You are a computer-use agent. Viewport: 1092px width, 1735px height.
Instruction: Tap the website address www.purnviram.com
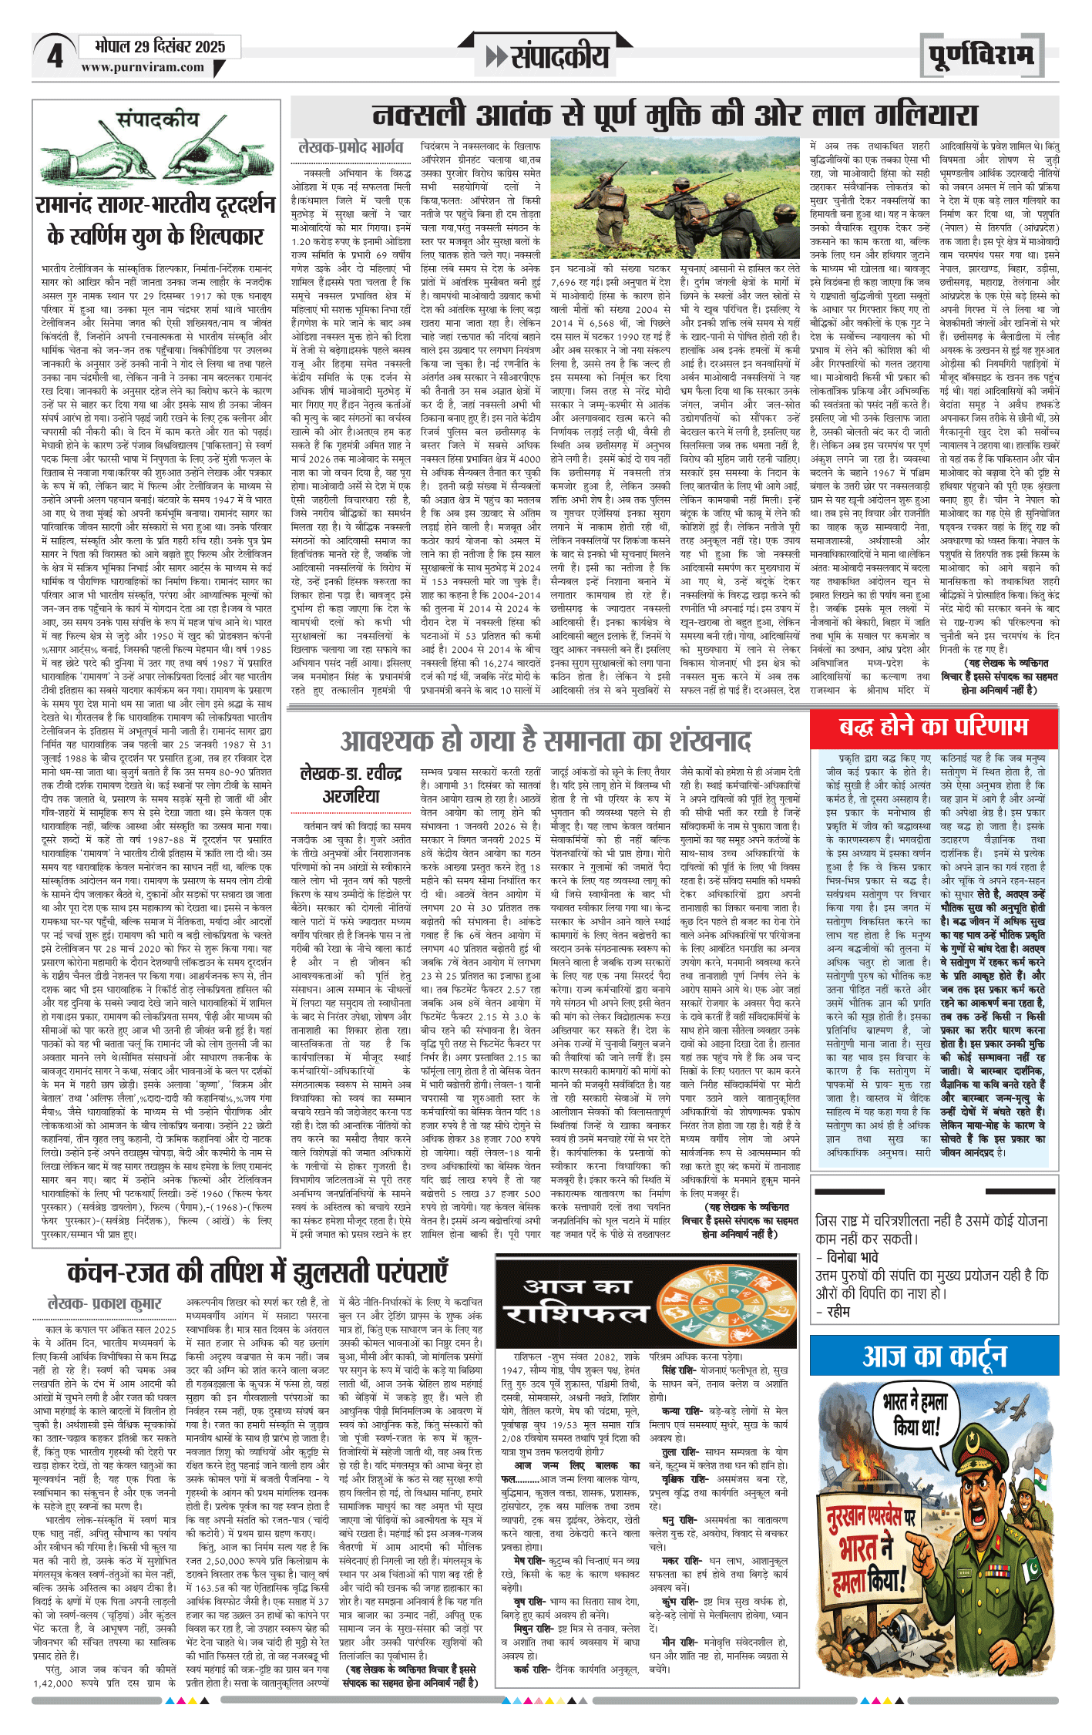pos(143,67)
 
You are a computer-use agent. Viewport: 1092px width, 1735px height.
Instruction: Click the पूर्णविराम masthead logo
pos(980,55)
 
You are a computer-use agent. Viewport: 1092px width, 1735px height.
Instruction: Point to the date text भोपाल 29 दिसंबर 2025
pos(160,46)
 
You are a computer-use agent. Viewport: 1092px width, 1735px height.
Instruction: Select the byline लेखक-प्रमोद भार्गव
pos(351,147)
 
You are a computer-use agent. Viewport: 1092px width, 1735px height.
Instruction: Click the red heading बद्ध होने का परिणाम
pos(933,727)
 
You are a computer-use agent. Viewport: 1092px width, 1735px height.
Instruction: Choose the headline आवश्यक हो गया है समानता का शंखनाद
pos(546,741)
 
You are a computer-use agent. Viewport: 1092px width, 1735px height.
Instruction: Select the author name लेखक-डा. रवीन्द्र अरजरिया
pos(351,785)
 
